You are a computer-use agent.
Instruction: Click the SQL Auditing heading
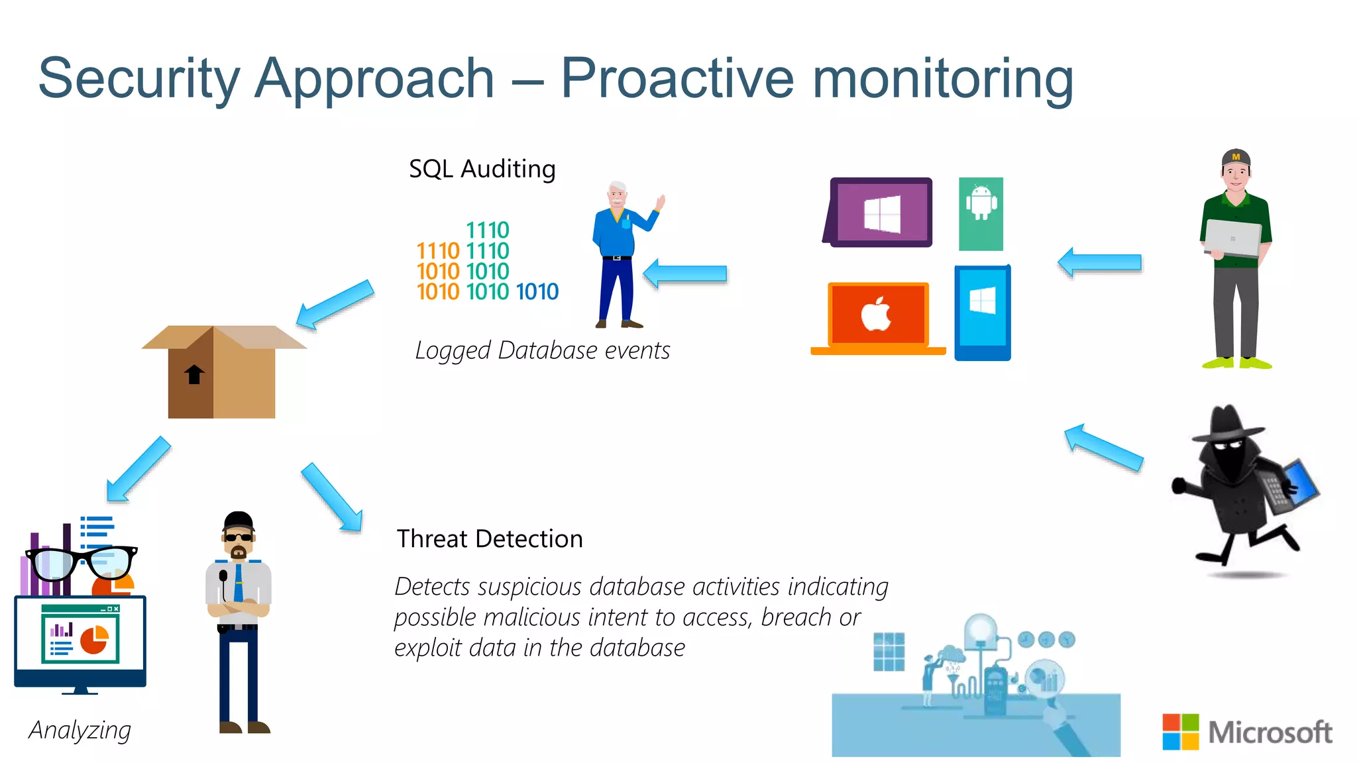click(x=482, y=170)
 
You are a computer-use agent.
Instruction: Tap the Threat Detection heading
click(x=490, y=539)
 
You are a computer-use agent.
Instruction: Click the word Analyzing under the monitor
click(x=80, y=730)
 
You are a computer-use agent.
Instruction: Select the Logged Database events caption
click(x=542, y=350)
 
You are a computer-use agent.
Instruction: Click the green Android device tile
click(x=981, y=213)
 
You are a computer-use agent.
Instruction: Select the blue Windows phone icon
click(x=983, y=311)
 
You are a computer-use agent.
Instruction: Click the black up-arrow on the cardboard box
click(x=193, y=375)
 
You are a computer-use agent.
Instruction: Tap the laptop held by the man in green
click(x=1233, y=238)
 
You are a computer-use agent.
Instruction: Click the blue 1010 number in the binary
click(x=537, y=292)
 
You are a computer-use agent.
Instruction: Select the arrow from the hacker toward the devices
click(x=1103, y=448)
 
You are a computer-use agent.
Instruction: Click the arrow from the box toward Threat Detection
click(x=332, y=497)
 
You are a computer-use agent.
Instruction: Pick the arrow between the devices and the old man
click(x=685, y=274)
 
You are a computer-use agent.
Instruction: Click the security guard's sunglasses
click(x=238, y=537)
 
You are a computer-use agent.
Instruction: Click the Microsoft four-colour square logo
click(x=1180, y=731)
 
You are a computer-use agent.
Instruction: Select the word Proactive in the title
click(x=677, y=79)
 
